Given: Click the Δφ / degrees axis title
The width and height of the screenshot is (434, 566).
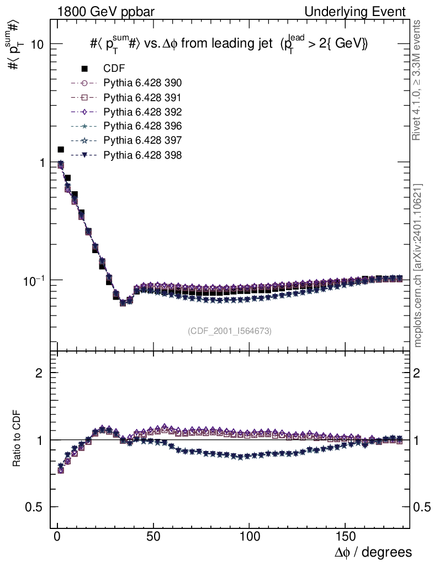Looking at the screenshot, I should click(x=373, y=552).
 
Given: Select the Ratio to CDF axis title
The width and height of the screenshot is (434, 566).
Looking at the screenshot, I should click(x=17, y=439).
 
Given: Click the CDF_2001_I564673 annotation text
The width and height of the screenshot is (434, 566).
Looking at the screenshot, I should click(x=230, y=331).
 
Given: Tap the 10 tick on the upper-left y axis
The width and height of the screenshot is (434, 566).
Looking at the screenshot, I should click(x=37, y=45).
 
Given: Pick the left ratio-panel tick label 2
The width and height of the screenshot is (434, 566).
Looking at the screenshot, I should click(x=39, y=373).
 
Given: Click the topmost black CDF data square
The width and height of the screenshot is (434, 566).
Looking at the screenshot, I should click(x=61, y=149).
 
